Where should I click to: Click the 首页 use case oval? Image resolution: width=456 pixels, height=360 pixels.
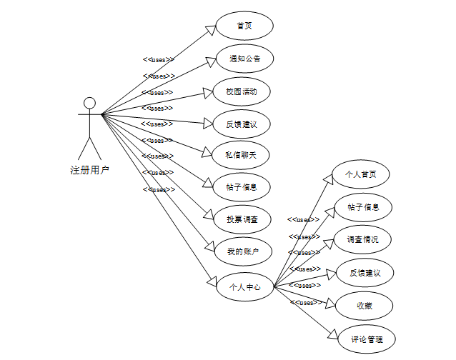(x=244, y=26)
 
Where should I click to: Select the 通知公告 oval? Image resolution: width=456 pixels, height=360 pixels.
(x=244, y=59)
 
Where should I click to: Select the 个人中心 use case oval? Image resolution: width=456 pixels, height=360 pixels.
(x=244, y=287)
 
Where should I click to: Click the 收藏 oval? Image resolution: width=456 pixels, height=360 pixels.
(x=365, y=306)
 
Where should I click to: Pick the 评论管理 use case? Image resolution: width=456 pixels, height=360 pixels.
(x=365, y=339)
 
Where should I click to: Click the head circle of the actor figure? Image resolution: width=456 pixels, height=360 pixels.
(x=89, y=103)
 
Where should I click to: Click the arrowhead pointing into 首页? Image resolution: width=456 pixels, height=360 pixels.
(x=211, y=29)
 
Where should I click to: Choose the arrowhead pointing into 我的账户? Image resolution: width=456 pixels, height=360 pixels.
(x=211, y=247)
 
